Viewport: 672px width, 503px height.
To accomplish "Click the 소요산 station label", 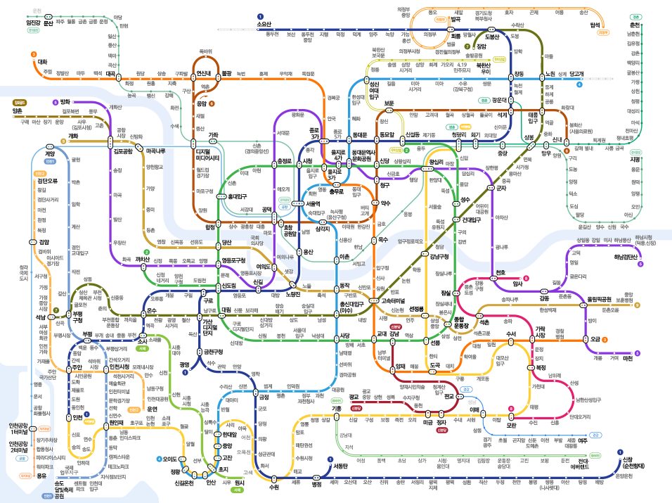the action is click(264, 25).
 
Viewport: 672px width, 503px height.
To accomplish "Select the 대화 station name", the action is click(42, 61).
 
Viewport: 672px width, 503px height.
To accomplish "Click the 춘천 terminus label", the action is click(635, 25).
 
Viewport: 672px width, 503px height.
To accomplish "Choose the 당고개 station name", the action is click(576, 73).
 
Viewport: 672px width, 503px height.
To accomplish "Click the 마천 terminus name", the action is click(628, 358).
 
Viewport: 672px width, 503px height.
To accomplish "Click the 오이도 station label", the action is click(169, 459).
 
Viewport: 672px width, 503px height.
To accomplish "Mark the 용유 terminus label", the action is click(42, 476).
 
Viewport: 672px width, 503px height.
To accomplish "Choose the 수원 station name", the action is click(274, 486).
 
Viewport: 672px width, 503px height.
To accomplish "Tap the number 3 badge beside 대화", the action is click(33, 53).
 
